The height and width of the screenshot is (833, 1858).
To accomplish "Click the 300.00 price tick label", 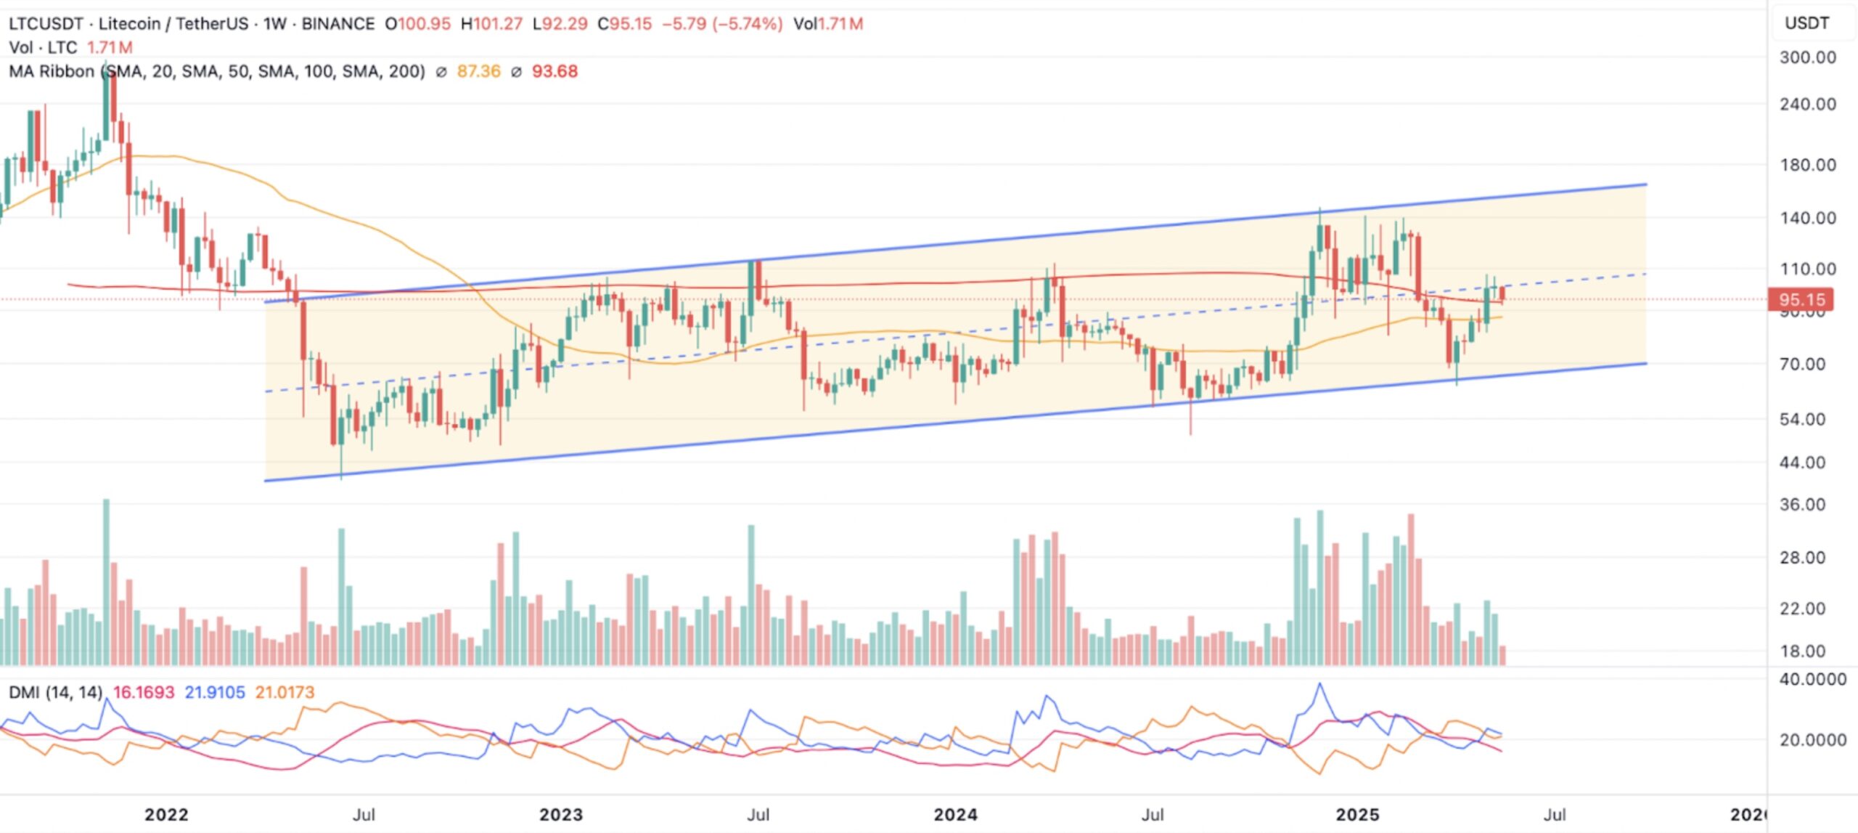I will pyautogui.click(x=1807, y=57).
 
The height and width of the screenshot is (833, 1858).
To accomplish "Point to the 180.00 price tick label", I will pyautogui.click(x=1807, y=165).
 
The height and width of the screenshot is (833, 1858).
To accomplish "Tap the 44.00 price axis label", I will pyautogui.click(x=1802, y=463).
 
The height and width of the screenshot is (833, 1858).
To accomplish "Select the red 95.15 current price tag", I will pyautogui.click(x=1801, y=299).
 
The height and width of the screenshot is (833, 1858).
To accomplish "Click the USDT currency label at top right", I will pyautogui.click(x=1806, y=23).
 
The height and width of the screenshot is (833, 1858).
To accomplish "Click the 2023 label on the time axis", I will pyautogui.click(x=560, y=815).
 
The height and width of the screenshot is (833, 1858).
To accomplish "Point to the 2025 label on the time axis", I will pyautogui.click(x=1357, y=815).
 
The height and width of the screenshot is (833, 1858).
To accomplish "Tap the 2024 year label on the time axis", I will pyautogui.click(x=955, y=815).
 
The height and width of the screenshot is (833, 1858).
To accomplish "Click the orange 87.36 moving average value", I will pyautogui.click(x=478, y=71).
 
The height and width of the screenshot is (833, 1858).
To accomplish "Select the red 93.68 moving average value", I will pyautogui.click(x=554, y=71).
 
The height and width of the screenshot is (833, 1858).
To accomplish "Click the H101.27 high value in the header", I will pyautogui.click(x=491, y=24).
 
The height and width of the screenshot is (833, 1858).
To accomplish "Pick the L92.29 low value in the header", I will pyautogui.click(x=560, y=24).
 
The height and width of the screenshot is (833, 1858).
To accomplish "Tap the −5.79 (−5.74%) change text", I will pyautogui.click(x=721, y=24).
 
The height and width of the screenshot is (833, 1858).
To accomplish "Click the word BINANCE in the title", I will pyautogui.click(x=337, y=24).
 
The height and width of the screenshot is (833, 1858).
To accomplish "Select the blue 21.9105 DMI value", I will pyautogui.click(x=214, y=692).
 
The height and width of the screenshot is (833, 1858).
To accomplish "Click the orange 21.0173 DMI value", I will pyautogui.click(x=285, y=692).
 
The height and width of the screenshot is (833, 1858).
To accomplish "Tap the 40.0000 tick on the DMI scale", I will pyautogui.click(x=1812, y=679).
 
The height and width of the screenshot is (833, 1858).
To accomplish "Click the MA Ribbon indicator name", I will pyautogui.click(x=52, y=71).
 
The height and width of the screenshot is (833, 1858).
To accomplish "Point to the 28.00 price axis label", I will pyautogui.click(x=1802, y=558).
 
